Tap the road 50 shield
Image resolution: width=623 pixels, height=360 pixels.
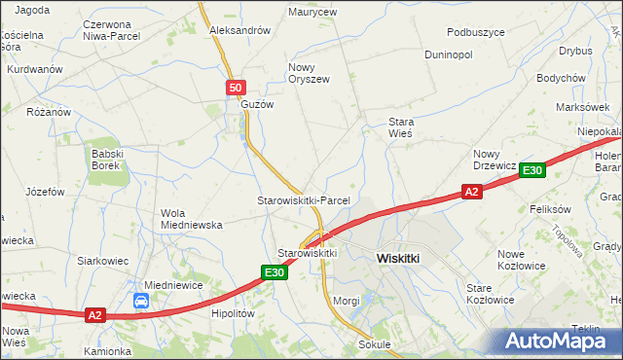click(x=236, y=89)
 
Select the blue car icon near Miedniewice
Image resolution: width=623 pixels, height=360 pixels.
click(x=141, y=302)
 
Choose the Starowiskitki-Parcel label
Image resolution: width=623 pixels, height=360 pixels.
click(x=303, y=200)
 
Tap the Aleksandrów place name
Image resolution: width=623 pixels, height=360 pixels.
click(x=239, y=30)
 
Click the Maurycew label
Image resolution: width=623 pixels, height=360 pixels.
click(x=312, y=13)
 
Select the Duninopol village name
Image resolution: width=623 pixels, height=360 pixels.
click(x=448, y=54)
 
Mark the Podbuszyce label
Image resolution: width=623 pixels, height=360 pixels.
click(x=476, y=32)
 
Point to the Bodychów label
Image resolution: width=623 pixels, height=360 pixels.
click(x=560, y=78)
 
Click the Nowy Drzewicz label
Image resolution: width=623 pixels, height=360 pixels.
click(x=495, y=160)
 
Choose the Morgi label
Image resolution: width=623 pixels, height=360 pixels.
click(x=347, y=301)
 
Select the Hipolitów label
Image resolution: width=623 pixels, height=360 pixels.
click(x=233, y=314)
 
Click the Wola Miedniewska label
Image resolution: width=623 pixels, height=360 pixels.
click(x=191, y=219)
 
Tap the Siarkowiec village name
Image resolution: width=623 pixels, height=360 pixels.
click(x=104, y=262)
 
